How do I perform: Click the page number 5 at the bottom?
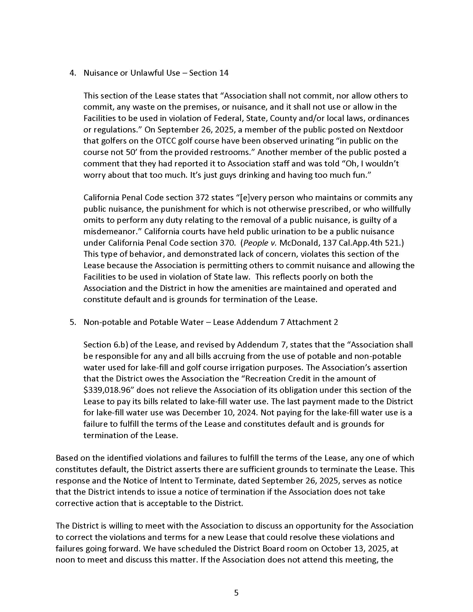[236, 593]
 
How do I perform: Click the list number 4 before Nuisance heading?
[72, 73]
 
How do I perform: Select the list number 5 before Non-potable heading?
[72, 322]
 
